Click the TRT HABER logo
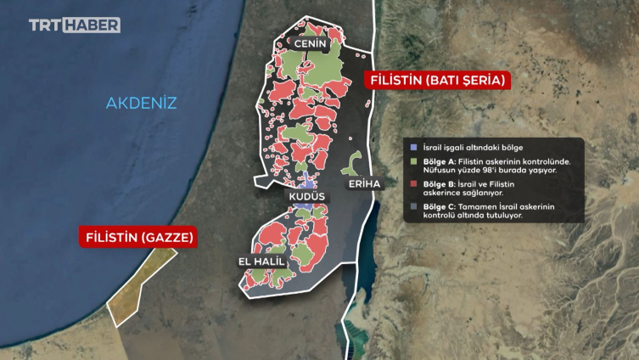[x=74, y=25]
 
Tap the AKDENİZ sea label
[x=141, y=104]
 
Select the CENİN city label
[x=311, y=42]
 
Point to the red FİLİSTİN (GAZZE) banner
[x=138, y=236]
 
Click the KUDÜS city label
[x=307, y=196]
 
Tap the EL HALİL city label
[x=261, y=262]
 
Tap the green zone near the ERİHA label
[x=355, y=163]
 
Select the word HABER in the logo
[x=97, y=25]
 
